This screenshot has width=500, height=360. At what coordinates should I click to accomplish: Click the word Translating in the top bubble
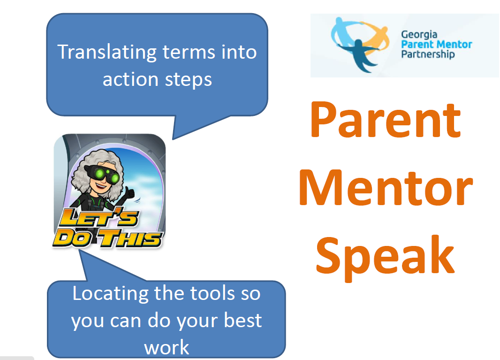tap(107, 52)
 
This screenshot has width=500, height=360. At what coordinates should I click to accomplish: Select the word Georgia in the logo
tap(419, 35)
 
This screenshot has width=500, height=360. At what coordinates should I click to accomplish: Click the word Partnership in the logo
tap(428, 54)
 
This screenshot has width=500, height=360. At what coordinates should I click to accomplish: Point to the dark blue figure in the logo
tap(360, 54)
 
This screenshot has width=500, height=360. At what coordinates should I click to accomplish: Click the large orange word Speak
tap(385, 257)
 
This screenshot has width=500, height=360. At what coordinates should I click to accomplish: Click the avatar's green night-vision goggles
tap(102, 175)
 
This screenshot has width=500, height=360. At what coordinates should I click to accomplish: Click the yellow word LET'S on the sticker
tap(99, 218)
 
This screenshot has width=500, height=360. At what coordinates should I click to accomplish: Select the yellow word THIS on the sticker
tap(130, 239)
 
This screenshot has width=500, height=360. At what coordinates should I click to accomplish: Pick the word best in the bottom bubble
tap(243, 321)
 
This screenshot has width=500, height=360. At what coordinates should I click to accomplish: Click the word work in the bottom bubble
tap(167, 347)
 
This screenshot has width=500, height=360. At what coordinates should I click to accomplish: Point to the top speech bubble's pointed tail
tap(173, 138)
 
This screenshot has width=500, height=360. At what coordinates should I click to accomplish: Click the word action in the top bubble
tap(130, 79)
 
